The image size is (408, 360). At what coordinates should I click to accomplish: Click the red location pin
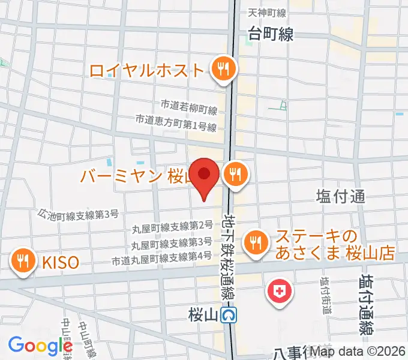click(205, 175)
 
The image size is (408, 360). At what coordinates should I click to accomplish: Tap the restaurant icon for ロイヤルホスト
click(224, 70)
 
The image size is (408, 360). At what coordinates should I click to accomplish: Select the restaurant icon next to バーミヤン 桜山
click(234, 175)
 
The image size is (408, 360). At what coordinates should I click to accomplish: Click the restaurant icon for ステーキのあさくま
click(256, 242)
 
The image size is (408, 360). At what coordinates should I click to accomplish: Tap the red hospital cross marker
click(279, 293)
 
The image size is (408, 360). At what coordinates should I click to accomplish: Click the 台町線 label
click(271, 34)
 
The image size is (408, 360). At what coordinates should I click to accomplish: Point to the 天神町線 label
click(268, 13)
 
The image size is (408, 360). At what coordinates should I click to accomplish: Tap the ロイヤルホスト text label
click(147, 70)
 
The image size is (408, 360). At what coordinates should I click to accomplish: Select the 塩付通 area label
click(340, 196)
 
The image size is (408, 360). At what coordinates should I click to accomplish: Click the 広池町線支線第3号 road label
click(79, 213)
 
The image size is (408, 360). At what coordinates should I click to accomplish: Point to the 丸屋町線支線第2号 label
click(172, 226)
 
